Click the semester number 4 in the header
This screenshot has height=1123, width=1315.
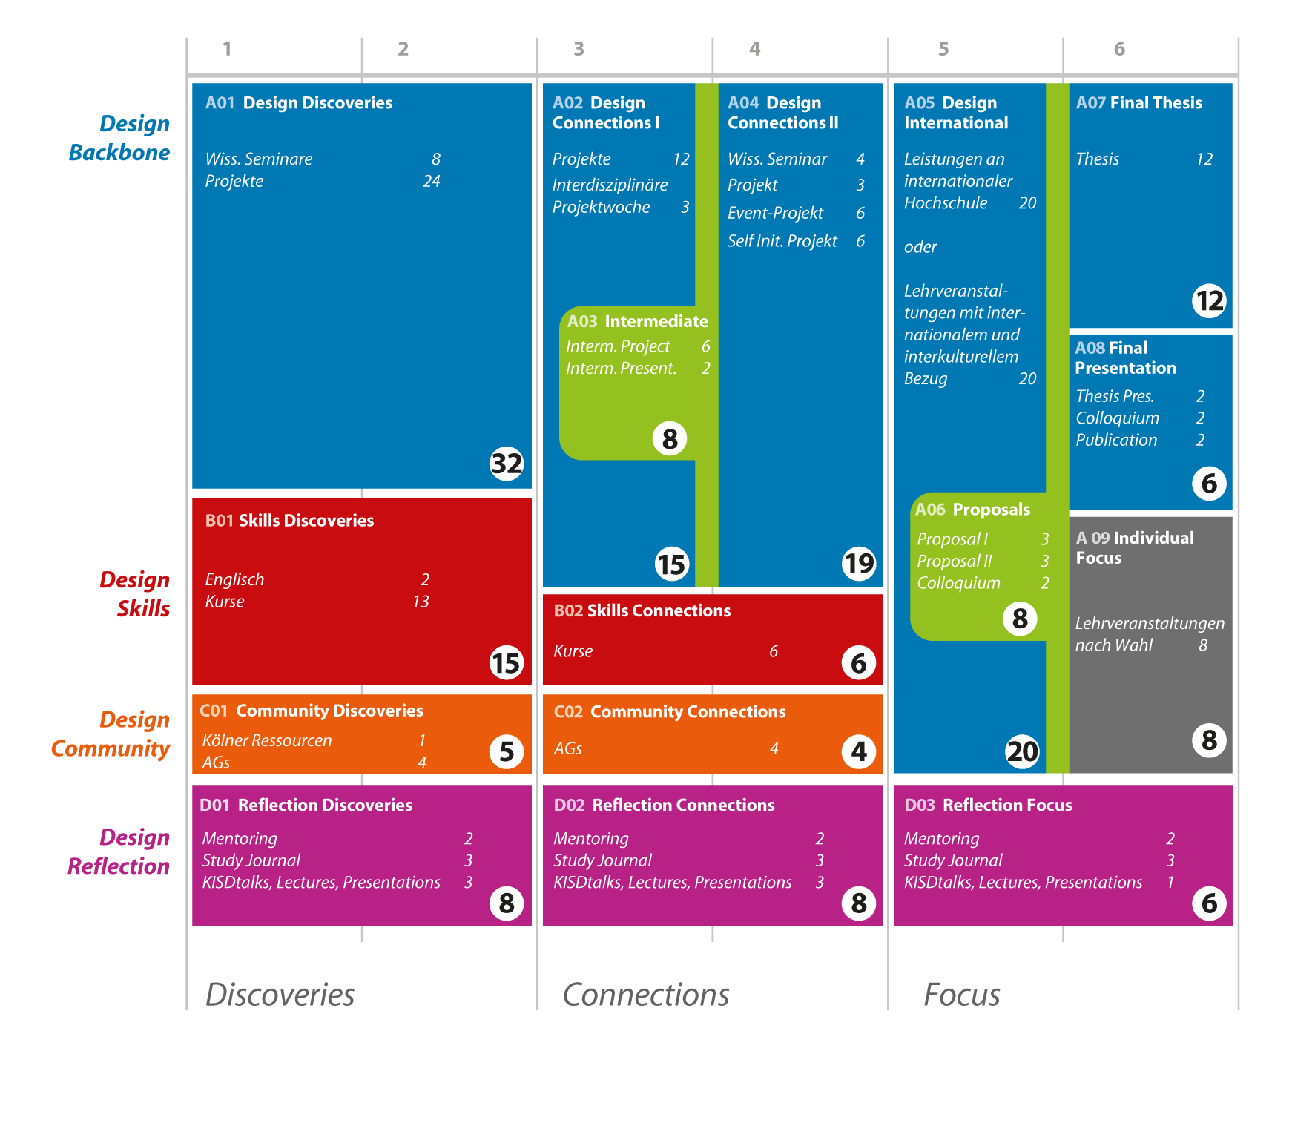tap(754, 49)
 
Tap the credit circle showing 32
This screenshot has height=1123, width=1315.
tap(507, 464)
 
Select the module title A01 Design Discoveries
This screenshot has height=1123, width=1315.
tap(299, 103)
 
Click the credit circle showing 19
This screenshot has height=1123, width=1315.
tap(859, 564)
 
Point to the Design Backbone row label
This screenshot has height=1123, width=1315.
tap(119, 138)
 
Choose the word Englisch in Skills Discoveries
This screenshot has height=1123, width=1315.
tap(234, 580)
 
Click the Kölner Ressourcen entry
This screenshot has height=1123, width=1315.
tap(267, 740)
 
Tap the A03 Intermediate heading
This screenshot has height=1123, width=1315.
tap(638, 322)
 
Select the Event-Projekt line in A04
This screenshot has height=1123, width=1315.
tap(775, 214)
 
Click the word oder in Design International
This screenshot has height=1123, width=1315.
tap(920, 247)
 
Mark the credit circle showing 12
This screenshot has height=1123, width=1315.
tap(1209, 301)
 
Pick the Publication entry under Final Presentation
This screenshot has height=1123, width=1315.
tap(1116, 441)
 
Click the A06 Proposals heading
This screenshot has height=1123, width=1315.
tap(972, 510)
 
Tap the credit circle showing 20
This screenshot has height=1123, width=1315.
tap(1022, 751)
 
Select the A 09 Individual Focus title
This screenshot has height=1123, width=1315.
tap(1135, 548)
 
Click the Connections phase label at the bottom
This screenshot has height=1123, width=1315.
tap(646, 995)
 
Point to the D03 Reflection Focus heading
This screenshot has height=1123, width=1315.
tap(988, 806)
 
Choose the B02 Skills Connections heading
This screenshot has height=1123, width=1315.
tap(642, 611)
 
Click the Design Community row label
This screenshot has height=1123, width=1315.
tap(111, 734)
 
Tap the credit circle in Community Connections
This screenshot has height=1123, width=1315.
tap(859, 751)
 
